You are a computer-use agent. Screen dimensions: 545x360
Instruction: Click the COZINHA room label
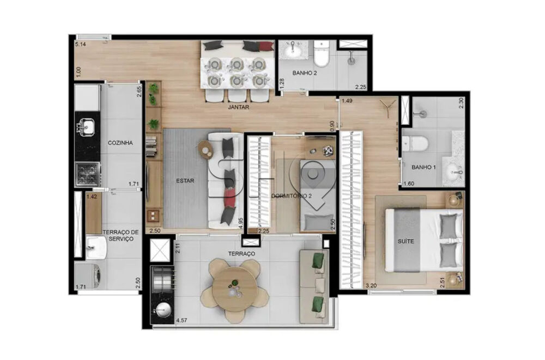click(x=120, y=143)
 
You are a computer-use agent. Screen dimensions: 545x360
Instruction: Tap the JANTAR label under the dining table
click(x=239, y=107)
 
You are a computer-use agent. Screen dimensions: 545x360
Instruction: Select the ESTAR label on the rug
click(x=185, y=181)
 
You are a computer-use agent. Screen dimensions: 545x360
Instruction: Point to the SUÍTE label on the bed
click(x=406, y=241)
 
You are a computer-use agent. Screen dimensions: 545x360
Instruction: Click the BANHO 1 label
click(x=423, y=167)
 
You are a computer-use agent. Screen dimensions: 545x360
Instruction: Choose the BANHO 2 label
click(x=305, y=73)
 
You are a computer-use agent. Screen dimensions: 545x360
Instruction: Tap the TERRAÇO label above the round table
click(x=241, y=254)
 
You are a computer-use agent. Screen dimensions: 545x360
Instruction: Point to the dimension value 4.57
click(x=182, y=320)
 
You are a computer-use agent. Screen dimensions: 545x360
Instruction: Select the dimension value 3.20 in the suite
click(x=371, y=285)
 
